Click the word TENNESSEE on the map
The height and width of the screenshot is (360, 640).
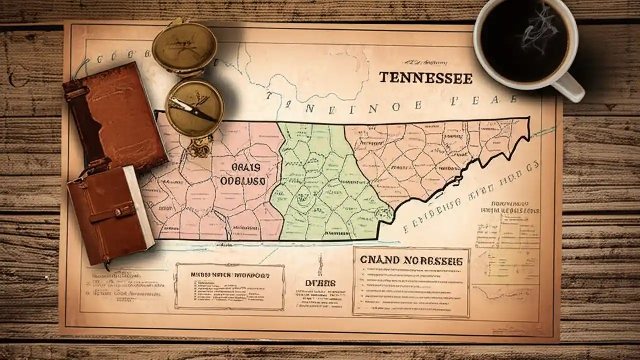coord(426,78)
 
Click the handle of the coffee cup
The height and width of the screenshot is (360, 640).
coord(573,87)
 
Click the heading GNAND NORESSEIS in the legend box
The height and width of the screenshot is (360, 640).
coord(411,260)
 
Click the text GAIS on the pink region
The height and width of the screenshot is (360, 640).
coord(244,167)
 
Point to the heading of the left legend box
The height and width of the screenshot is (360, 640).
coord(230,275)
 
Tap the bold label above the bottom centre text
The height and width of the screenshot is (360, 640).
coord(321,283)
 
